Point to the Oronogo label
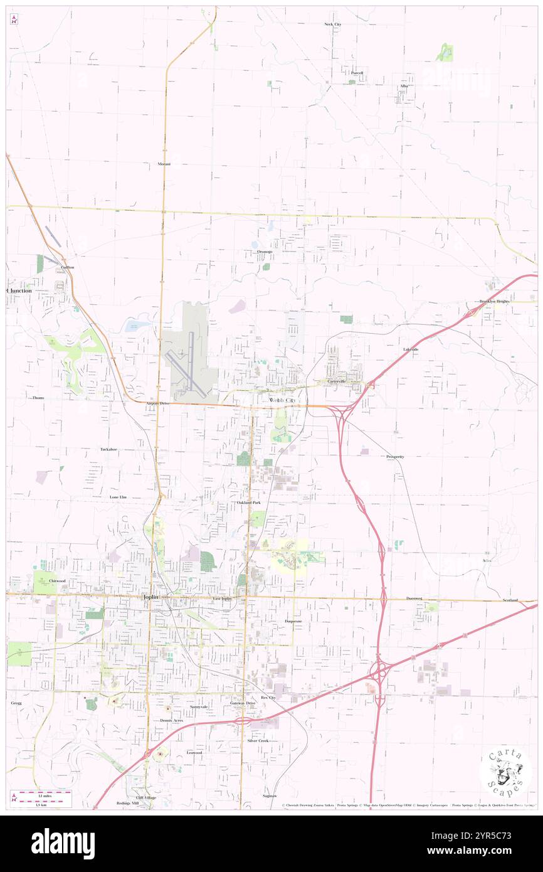pyautogui.click(x=265, y=252)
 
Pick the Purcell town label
pyautogui.click(x=357, y=73)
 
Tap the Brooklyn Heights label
pyautogui.click(x=495, y=302)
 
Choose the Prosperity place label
pyautogui.click(x=395, y=457)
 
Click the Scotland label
pyautogui.click(x=510, y=600)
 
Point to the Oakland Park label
pyautogui.click(x=249, y=503)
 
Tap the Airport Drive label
pyautogui.click(x=158, y=403)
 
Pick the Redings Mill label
pyautogui.click(x=127, y=803)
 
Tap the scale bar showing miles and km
pyautogui.click(x=41, y=798)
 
